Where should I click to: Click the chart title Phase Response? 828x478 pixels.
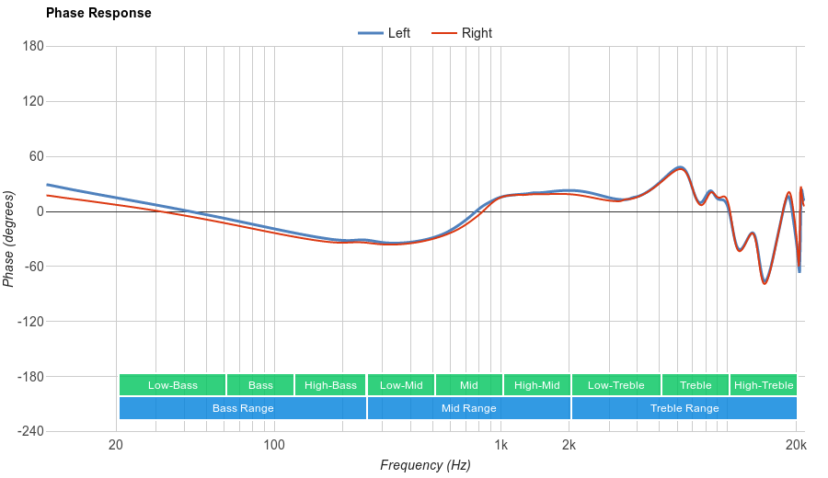point(98,14)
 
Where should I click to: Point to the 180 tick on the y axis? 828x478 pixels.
point(33,47)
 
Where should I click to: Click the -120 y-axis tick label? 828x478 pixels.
point(29,322)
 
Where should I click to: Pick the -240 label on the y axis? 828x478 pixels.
point(29,432)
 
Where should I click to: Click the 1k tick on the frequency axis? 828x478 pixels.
point(500,446)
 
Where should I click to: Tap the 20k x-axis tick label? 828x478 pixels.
point(796,446)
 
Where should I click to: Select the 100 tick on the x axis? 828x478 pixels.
point(274,446)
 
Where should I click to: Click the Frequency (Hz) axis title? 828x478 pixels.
point(425,465)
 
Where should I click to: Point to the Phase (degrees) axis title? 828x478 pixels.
point(9,239)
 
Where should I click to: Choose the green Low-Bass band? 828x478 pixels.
point(172,385)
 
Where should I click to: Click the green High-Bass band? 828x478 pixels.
point(330,385)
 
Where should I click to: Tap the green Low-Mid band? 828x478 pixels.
point(401,385)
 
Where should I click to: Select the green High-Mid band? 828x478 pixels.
point(537,385)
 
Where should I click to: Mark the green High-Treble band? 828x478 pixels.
point(764,385)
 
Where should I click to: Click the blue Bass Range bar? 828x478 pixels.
point(243,408)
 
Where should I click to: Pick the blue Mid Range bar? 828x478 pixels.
point(469,408)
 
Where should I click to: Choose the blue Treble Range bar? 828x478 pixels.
point(684,408)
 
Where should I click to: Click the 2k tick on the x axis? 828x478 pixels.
point(569,446)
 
